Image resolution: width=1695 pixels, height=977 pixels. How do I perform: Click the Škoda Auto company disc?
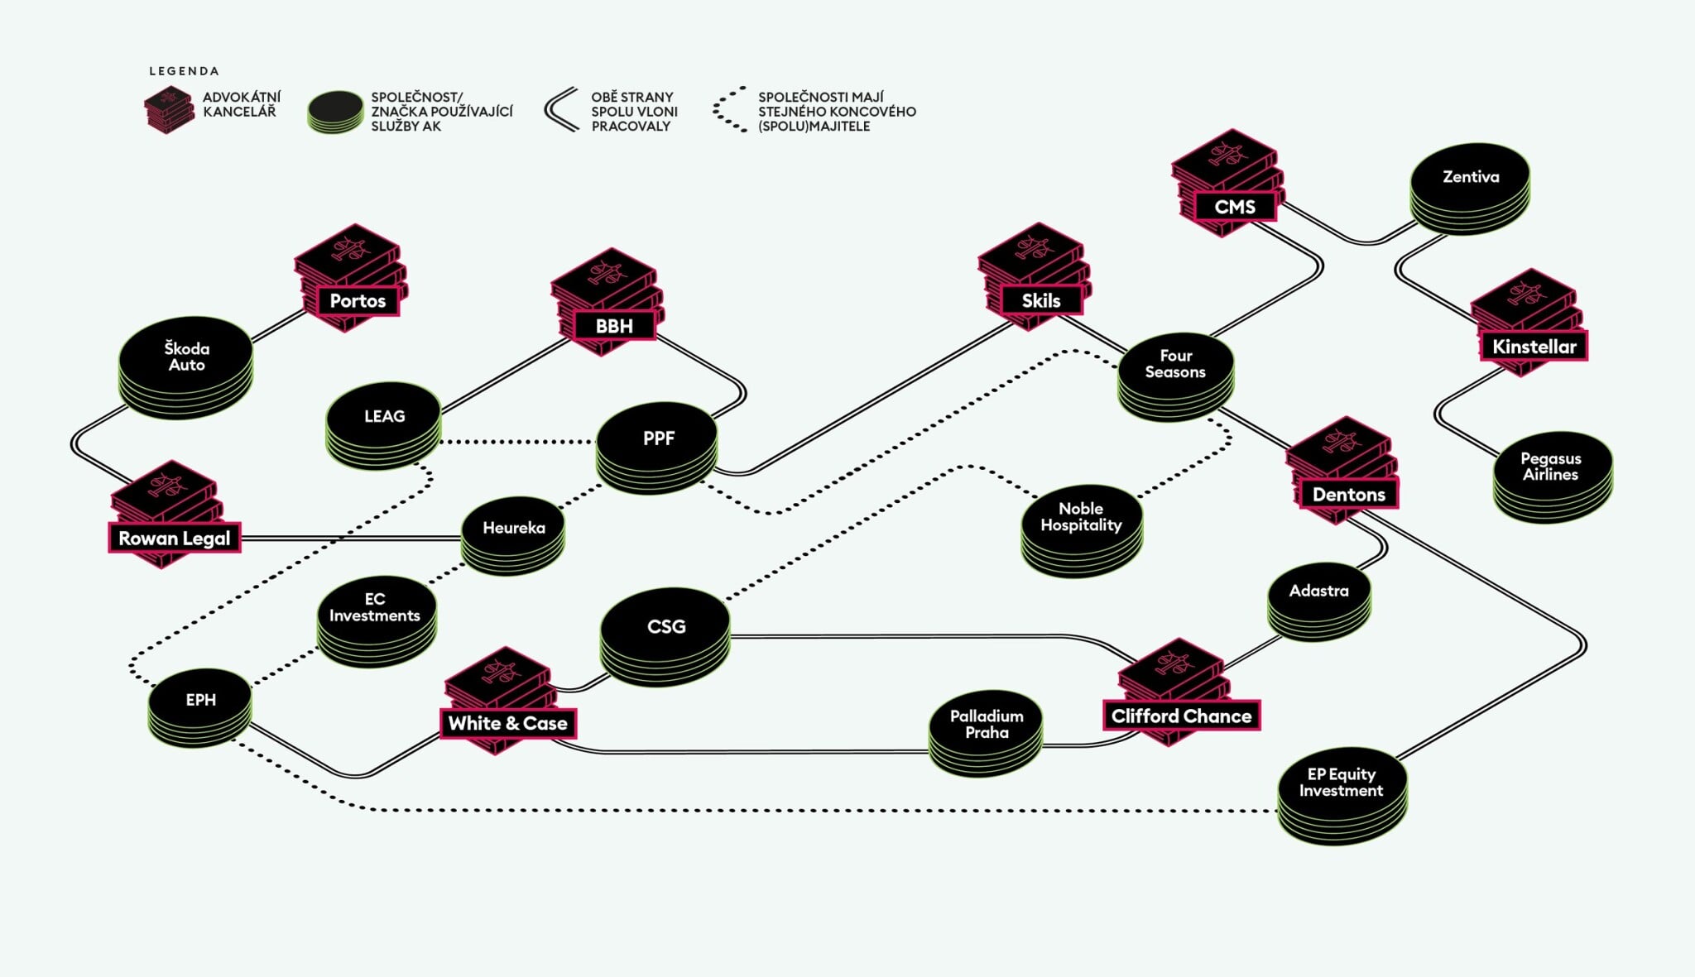tap(185, 357)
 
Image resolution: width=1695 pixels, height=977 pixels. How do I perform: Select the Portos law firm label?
tap(358, 300)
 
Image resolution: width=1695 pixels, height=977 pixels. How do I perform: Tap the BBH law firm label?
tap(613, 326)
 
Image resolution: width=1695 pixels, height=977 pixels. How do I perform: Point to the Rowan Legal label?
tap(174, 538)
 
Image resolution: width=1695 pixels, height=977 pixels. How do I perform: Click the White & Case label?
tap(507, 723)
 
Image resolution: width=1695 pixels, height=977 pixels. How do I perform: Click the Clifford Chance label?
tap(1181, 716)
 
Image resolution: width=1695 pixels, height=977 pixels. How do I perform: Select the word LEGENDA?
tap(184, 71)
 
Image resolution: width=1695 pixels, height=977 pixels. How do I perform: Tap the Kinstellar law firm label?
tap(1534, 347)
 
